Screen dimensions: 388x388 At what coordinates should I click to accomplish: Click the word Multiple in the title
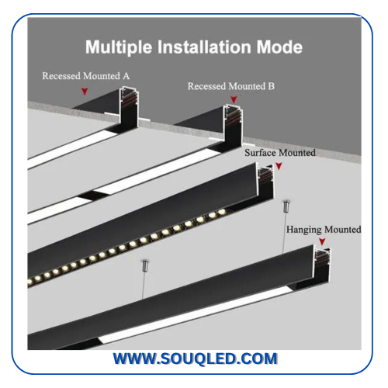coord(119,47)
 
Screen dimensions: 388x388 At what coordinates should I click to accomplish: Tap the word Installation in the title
coord(204,47)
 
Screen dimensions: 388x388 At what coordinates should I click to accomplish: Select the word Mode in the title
coord(279,47)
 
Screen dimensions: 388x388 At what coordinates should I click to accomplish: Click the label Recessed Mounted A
coord(86,76)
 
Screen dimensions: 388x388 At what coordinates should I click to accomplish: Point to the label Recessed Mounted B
coord(231,86)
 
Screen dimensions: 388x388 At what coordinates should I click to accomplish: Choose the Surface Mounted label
coord(280,153)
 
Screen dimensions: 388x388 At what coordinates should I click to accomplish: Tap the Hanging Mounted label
coord(324,230)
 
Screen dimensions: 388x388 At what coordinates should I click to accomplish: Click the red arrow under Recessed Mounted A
coord(85,91)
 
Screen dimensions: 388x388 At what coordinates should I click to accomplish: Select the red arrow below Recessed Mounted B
coord(234,99)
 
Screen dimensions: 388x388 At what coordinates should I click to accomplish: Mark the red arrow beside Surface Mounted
coord(279,166)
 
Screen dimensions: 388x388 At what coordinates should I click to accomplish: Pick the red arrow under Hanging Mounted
coord(322,241)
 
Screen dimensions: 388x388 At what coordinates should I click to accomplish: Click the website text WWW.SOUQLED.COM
coord(196,359)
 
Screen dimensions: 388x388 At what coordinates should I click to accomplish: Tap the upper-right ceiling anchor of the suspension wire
coord(286,206)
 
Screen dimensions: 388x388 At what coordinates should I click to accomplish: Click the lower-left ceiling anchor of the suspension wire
coord(145,265)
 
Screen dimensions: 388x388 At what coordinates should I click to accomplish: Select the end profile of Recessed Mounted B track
coord(233,124)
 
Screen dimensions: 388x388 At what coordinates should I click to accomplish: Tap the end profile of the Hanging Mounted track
coord(322,265)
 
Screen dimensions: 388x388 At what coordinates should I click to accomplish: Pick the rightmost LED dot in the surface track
coord(222,212)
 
